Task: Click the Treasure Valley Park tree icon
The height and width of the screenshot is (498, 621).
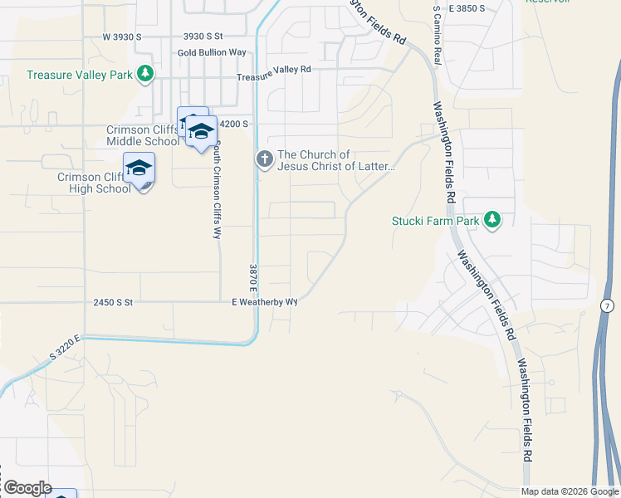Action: [x=146, y=74]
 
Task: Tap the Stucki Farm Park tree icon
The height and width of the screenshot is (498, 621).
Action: [x=493, y=220]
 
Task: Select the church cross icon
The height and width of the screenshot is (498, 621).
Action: [x=264, y=159]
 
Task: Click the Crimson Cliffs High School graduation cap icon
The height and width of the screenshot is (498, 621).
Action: [x=139, y=169]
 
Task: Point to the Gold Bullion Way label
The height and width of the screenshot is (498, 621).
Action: [x=212, y=52]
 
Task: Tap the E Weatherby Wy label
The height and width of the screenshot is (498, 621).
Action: [x=264, y=303]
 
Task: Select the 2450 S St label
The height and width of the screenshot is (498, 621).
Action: [x=113, y=303]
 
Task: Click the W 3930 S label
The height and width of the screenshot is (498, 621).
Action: [x=122, y=37]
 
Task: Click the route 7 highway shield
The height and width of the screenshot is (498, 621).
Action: [x=609, y=306]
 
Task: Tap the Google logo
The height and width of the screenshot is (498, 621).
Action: [x=27, y=488]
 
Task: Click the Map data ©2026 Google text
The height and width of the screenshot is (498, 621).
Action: [x=569, y=491]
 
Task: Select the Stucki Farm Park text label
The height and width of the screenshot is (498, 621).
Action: [x=436, y=221]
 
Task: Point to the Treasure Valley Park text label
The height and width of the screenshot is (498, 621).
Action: [x=80, y=75]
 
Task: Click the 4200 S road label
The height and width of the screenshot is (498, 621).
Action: [x=232, y=124]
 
